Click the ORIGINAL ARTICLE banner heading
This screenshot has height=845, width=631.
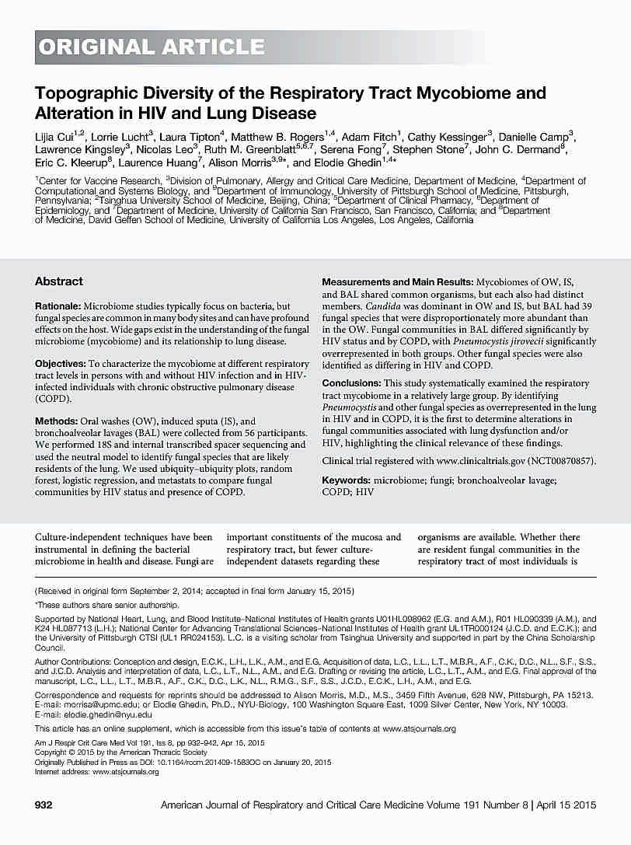click(x=152, y=47)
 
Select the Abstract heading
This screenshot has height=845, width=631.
click(x=59, y=281)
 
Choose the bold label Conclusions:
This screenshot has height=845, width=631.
click(x=351, y=383)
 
